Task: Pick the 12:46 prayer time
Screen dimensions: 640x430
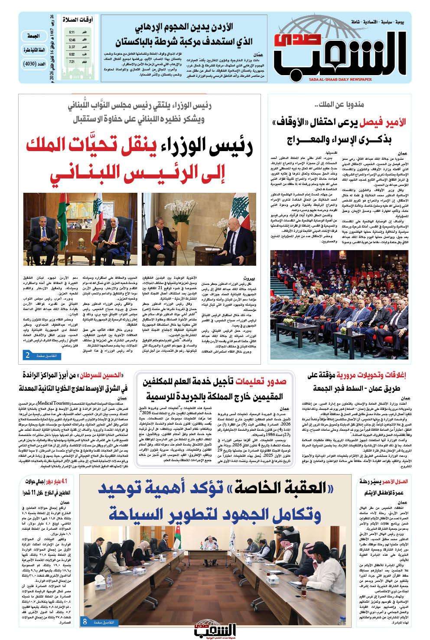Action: click(x=72, y=40)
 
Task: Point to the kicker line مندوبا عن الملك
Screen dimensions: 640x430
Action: click(x=334, y=105)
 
